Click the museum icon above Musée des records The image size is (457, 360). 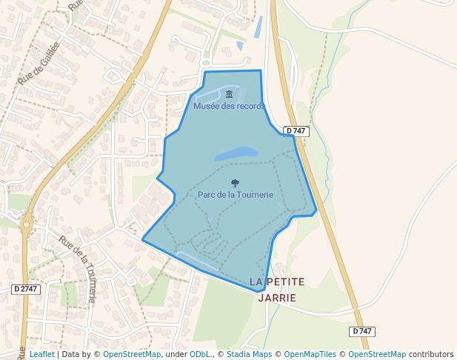(229, 94)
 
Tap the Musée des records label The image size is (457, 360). (229, 106)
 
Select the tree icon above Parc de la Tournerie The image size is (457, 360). (236, 183)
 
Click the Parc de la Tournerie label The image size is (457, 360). (236, 195)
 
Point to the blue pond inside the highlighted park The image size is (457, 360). (236, 154)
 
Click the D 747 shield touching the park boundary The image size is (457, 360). (296, 131)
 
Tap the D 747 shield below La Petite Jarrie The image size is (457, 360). (361, 331)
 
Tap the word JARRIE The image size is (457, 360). (277, 298)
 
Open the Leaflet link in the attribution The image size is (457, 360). (41, 355)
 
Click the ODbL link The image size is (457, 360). (201, 355)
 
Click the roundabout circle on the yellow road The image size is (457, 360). (27, 223)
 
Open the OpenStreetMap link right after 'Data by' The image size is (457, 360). (132, 355)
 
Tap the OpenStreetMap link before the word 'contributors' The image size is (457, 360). (376, 355)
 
